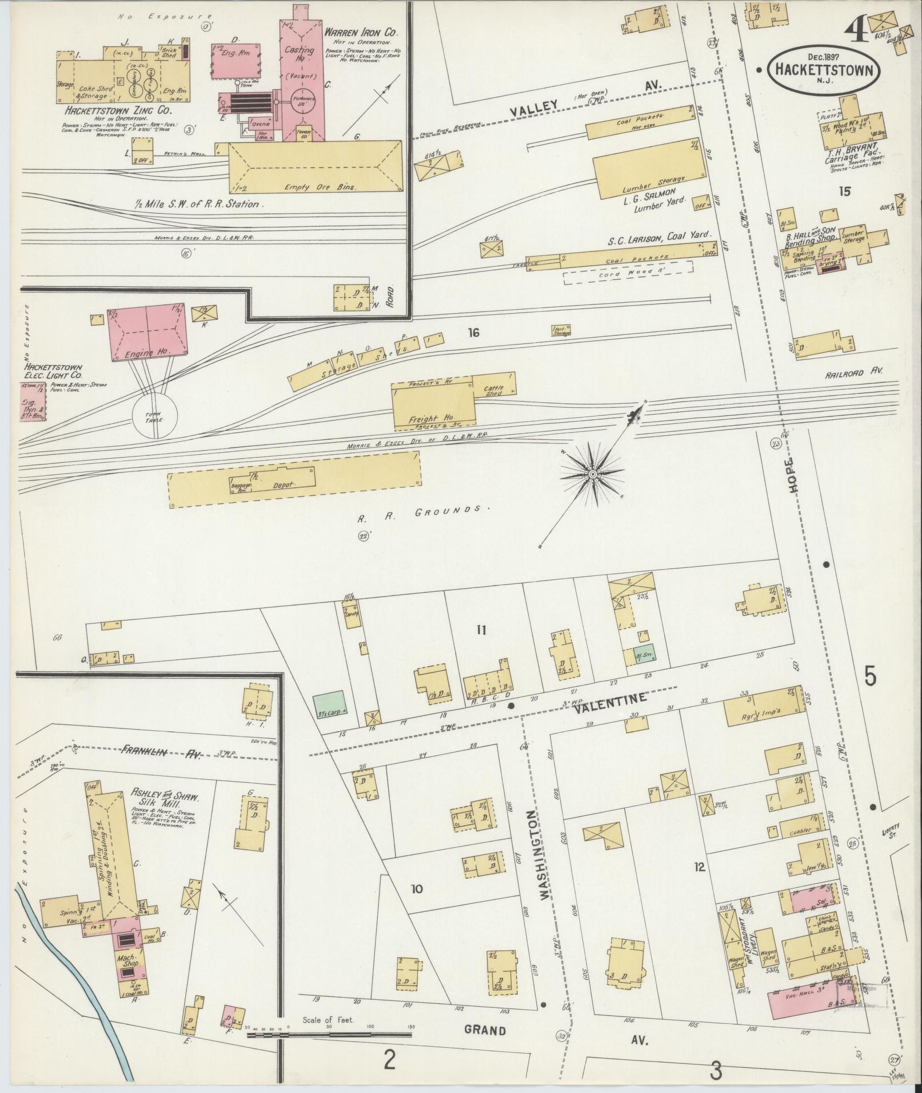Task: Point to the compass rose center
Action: tap(593, 474)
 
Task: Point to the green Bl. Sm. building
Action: tap(645, 655)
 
